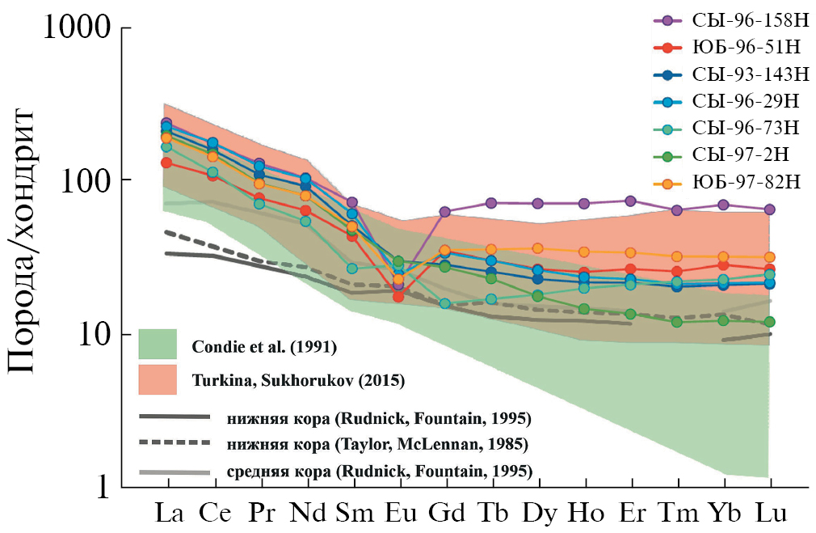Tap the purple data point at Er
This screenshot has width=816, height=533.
631,201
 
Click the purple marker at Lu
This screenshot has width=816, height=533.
770,209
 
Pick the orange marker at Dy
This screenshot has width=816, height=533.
538,248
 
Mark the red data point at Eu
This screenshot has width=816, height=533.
398,297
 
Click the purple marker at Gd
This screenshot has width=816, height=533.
445,212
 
